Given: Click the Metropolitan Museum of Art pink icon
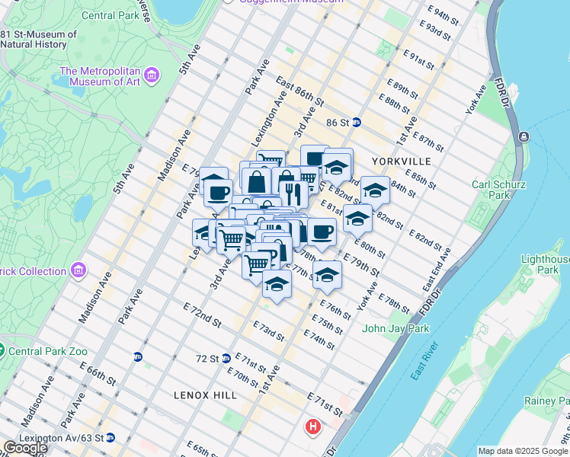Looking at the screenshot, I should [x=152, y=75].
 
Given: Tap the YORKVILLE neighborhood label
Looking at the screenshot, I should [x=402, y=161].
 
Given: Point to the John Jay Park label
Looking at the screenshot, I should [x=395, y=328].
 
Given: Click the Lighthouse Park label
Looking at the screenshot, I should [x=546, y=264].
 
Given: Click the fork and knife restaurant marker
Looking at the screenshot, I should [x=293, y=193].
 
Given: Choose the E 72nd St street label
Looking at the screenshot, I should [x=202, y=314].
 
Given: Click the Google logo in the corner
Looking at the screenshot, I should [x=24, y=448].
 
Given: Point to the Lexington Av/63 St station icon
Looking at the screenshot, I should [x=110, y=437].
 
